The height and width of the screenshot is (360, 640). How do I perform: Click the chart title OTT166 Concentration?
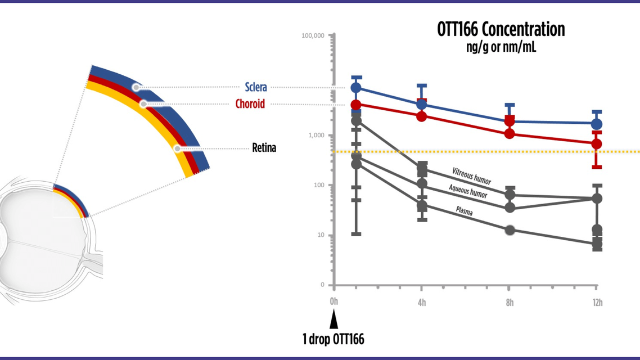pyautogui.click(x=501, y=29)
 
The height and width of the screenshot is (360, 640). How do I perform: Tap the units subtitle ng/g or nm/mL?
pyautogui.click(x=501, y=47)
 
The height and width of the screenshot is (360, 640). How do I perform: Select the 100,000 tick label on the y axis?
pyautogui.click(x=313, y=35)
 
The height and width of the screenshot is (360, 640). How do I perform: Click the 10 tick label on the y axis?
pyautogui.click(x=321, y=235)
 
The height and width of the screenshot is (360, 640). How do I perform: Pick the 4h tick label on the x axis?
pyautogui.click(x=422, y=303)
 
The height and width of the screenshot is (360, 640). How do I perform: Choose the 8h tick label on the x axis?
pyautogui.click(x=510, y=303)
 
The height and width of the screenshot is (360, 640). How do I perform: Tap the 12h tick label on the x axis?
pyautogui.click(x=597, y=303)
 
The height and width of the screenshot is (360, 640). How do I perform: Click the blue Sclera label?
pyautogui.click(x=256, y=87)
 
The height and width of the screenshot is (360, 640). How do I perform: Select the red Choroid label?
pyautogui.click(x=250, y=104)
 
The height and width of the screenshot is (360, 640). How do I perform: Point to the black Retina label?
pyautogui.click(x=264, y=148)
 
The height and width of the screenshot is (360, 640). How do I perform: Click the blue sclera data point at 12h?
pyautogui.click(x=597, y=124)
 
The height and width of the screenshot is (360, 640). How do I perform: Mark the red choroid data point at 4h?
pyautogui.click(x=422, y=116)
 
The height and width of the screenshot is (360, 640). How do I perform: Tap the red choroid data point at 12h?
pyautogui.click(x=597, y=144)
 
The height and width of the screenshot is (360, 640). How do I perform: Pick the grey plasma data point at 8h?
pyautogui.click(x=510, y=230)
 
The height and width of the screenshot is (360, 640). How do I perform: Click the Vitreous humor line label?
pyautogui.click(x=471, y=175)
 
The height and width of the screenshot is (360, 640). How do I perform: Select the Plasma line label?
pyautogui.click(x=464, y=212)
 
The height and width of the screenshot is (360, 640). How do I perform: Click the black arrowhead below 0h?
pyautogui.click(x=333, y=321)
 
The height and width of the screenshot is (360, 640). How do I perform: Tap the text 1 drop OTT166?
pyautogui.click(x=333, y=339)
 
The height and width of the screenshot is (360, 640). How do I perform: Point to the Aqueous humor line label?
pyautogui.click(x=468, y=192)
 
